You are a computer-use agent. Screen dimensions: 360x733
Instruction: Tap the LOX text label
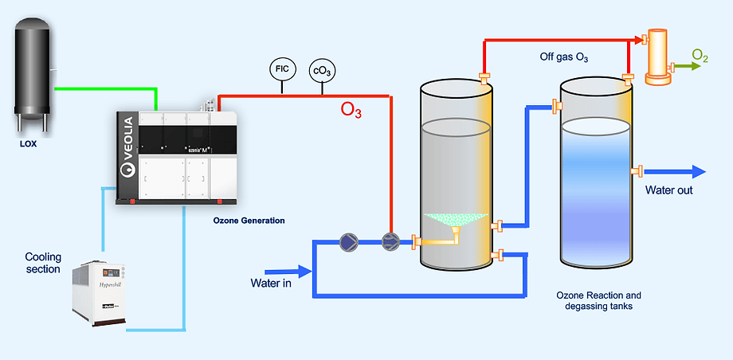(29, 145)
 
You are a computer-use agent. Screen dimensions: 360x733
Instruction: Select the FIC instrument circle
(282, 70)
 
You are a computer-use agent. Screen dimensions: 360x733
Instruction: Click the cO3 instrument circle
(322, 70)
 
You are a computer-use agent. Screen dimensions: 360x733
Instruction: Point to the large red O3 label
(351, 111)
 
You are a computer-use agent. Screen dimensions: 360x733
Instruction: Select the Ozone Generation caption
(249, 220)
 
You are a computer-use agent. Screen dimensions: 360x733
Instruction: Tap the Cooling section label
(42, 263)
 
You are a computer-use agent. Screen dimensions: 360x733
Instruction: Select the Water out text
(668, 190)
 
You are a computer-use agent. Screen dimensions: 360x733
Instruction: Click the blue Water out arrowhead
(698, 171)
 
